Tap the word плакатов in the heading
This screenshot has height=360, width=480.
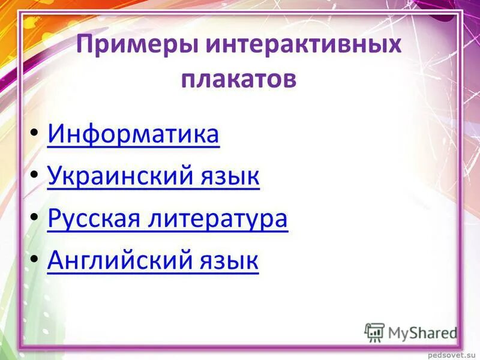pyautogui.click(x=239, y=79)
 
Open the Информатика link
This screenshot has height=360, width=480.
pyautogui.click(x=133, y=135)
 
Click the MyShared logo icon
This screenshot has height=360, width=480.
pyautogui.click(x=375, y=332)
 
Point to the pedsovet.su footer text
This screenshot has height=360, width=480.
pyautogui.click(x=452, y=353)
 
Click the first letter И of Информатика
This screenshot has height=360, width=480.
pyautogui.click(x=55, y=135)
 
